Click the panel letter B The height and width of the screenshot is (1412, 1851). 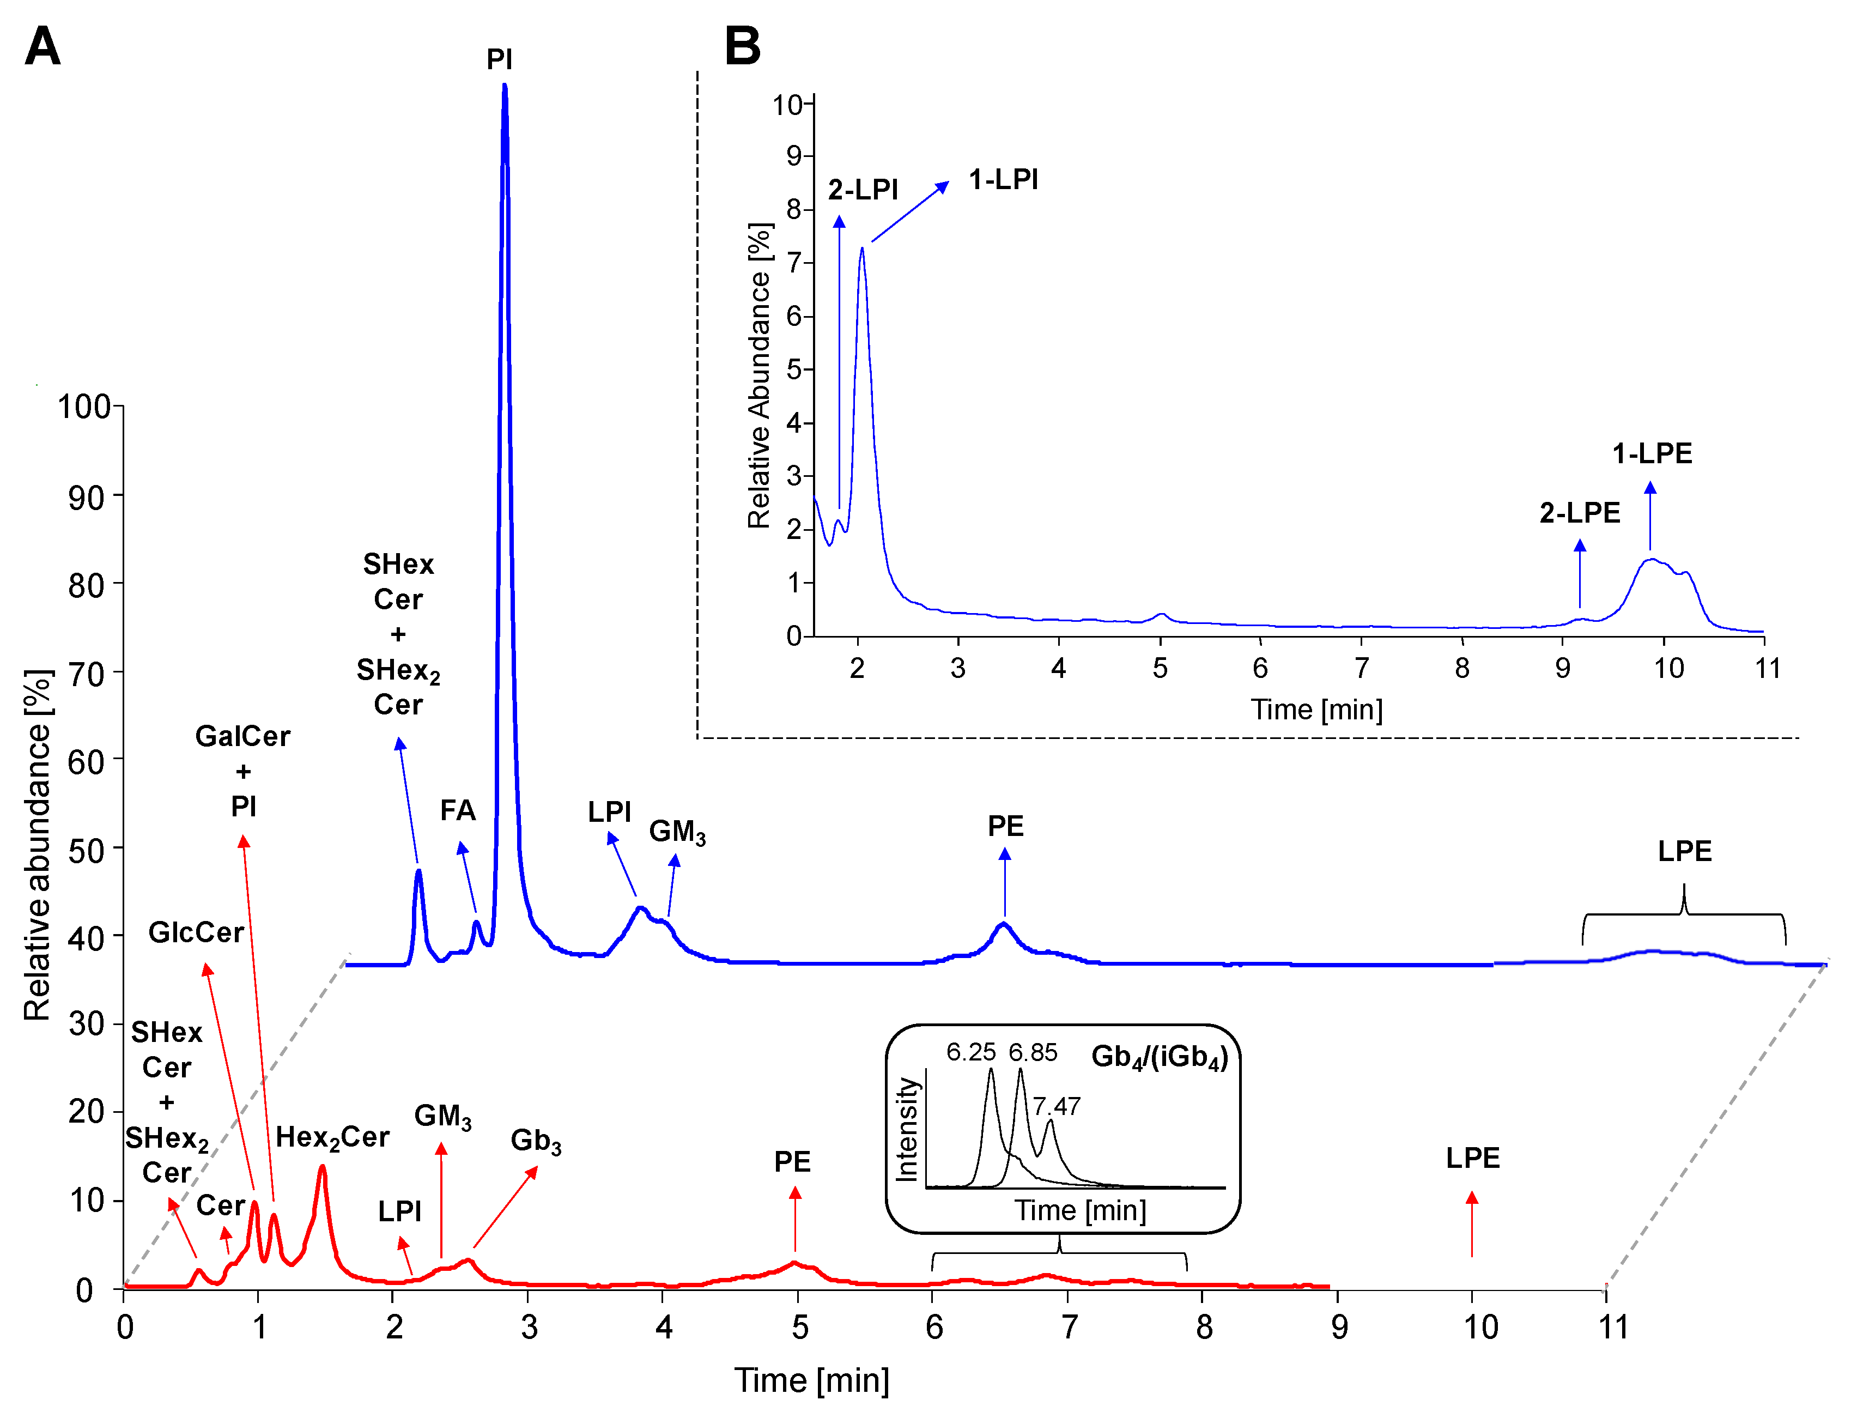pos(742,46)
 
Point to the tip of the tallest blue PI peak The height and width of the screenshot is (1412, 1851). pos(504,86)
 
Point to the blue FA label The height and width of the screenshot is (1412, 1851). pos(458,810)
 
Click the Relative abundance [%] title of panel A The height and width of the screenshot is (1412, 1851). pos(38,845)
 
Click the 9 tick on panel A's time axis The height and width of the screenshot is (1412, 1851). pos(1339,1328)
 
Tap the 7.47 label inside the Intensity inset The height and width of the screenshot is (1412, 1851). pos(1056,1106)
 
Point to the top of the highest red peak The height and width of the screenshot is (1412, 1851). pos(322,1167)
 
